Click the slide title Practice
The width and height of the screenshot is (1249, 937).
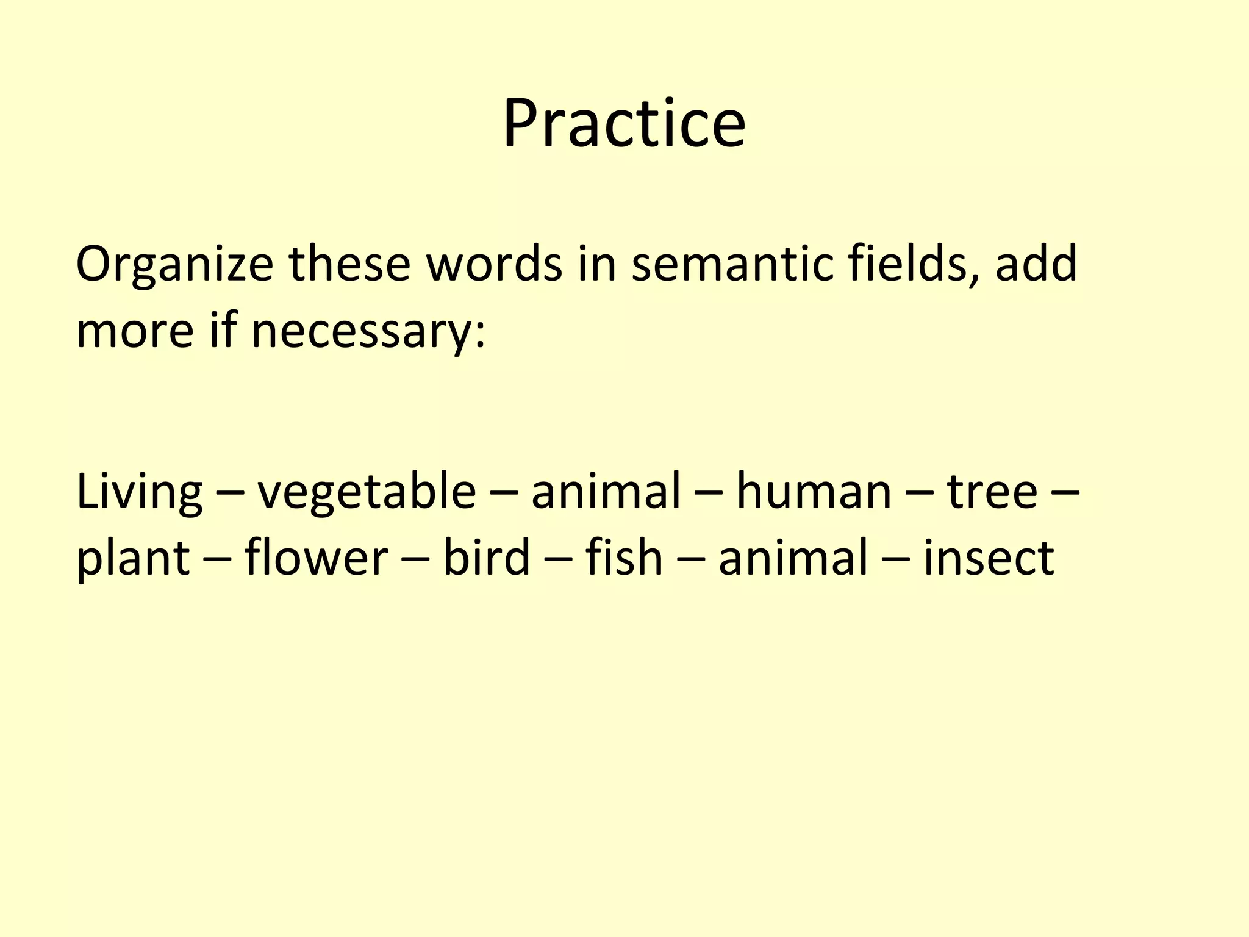pyautogui.click(x=624, y=124)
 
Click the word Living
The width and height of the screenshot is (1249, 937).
pyautogui.click(x=139, y=493)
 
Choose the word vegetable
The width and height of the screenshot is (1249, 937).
pyautogui.click(x=366, y=493)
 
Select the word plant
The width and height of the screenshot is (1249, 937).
pyautogui.click(x=133, y=559)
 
